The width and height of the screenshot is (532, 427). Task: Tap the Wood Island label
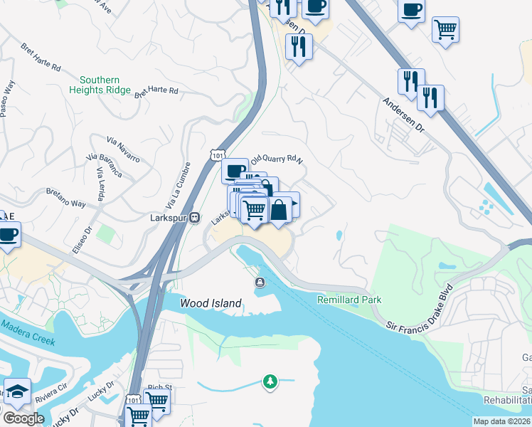tap(211, 303)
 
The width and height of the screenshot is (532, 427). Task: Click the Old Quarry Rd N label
tap(277, 158)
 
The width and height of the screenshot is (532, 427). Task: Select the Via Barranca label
tap(104, 164)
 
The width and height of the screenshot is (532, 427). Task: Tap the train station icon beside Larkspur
tap(193, 218)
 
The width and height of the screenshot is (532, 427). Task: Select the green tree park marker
tap(270, 382)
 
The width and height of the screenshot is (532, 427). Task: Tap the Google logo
tap(23, 418)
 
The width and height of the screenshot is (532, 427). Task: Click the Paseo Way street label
tap(7, 98)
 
